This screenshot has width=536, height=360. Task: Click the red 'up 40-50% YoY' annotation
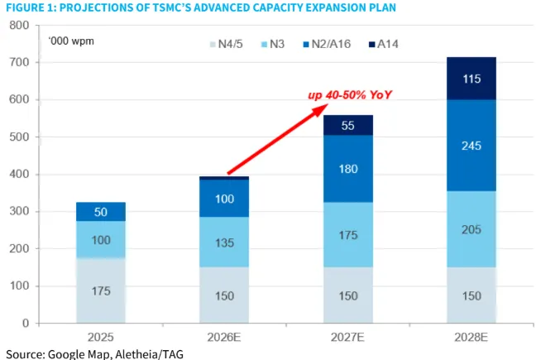pyautogui.click(x=350, y=95)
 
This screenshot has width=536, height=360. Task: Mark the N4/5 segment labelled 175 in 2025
pyautogui.click(x=101, y=290)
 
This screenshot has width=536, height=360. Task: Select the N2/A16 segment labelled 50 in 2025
pyautogui.click(x=101, y=212)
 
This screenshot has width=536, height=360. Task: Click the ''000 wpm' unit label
pyautogui.click(x=70, y=40)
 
